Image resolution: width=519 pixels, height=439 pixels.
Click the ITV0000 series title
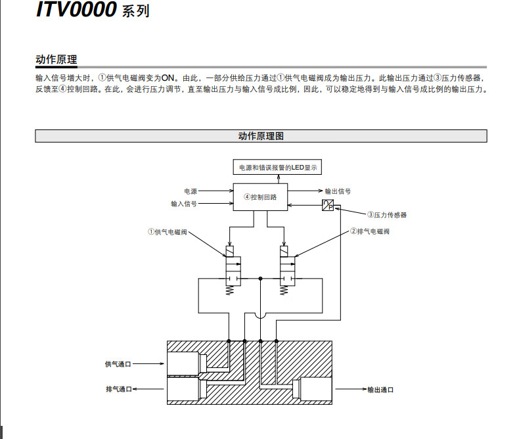(93, 9)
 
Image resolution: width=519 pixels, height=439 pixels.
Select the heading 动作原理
(56, 60)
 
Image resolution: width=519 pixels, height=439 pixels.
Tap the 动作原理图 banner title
(261, 136)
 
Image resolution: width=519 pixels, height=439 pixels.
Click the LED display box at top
(277, 167)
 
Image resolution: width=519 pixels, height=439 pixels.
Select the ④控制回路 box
(261, 197)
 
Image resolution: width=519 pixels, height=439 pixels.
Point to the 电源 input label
(191, 191)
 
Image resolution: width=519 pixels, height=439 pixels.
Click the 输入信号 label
(184, 204)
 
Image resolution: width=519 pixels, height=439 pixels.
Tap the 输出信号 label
(338, 191)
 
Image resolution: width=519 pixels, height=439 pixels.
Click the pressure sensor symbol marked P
(328, 205)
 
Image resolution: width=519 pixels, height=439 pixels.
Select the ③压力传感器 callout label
(387, 215)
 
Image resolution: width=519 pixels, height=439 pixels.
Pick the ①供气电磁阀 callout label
(168, 232)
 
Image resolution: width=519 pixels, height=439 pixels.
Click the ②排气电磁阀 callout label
(370, 231)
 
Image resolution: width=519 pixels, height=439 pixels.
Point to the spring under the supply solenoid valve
(229, 290)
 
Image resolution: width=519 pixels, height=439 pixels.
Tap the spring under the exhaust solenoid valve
(284, 290)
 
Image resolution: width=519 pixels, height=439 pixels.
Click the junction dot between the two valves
(261, 279)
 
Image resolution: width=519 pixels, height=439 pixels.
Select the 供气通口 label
(118, 364)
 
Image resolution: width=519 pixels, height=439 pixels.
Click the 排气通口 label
(119, 389)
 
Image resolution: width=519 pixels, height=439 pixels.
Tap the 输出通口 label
(380, 390)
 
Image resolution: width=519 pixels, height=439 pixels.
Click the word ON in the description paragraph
(168, 78)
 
